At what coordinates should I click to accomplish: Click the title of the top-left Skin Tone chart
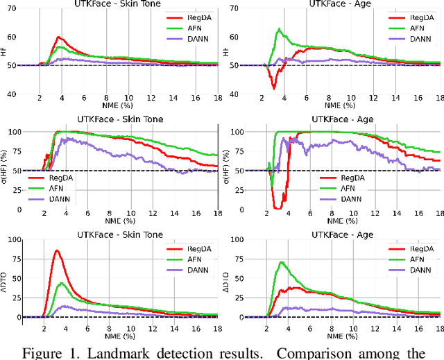pos(119,4)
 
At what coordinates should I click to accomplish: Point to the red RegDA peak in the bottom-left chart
pos(57,250)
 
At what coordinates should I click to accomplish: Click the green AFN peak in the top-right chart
pos(279,29)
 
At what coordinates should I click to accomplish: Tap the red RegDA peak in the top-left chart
pos(58,37)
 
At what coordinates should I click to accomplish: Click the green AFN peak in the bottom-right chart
pos(280,262)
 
